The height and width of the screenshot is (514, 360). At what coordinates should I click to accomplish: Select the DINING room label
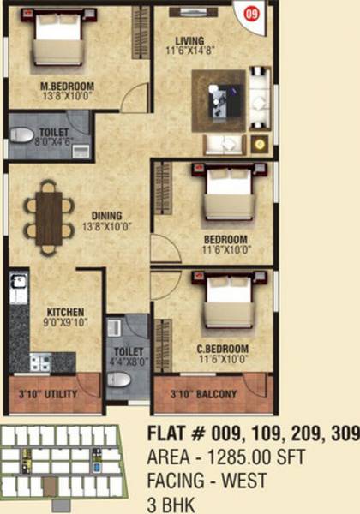101,215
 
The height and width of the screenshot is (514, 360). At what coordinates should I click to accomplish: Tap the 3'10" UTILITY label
48,394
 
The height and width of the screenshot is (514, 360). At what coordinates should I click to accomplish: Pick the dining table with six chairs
48,217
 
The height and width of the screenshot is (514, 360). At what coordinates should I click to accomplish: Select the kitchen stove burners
40,362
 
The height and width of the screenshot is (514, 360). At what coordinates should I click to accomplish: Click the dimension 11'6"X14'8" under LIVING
192,51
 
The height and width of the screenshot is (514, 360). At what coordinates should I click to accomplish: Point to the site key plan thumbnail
63,463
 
